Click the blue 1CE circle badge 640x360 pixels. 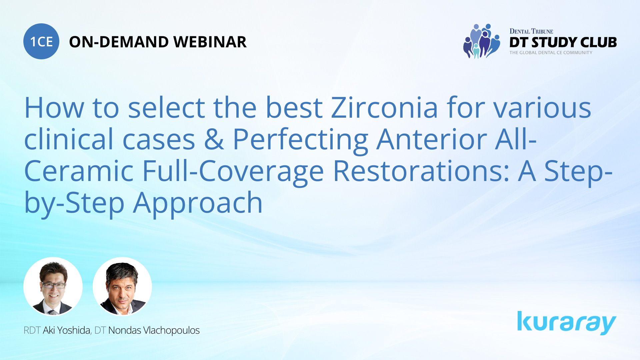click(41, 41)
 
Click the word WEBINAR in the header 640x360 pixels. click(210, 42)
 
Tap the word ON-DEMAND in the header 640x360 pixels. click(119, 42)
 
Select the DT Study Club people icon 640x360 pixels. click(482, 41)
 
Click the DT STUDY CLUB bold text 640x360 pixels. click(563, 42)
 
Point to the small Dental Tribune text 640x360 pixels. click(531, 31)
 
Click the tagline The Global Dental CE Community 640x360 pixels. click(551, 52)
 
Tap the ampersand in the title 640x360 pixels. click(214, 139)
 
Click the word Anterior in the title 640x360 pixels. click(431, 139)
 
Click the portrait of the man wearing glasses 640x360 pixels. click(53, 287)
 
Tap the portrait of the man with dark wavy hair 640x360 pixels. click(122, 287)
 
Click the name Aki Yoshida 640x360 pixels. click(67, 330)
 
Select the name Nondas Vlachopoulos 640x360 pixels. click(154, 330)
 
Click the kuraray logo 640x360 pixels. click(567, 323)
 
